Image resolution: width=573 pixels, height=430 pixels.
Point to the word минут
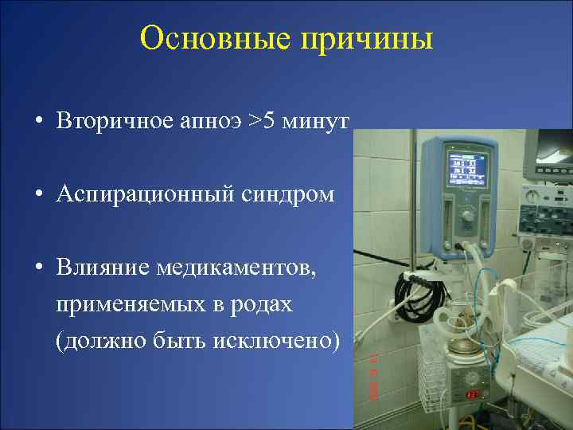click(318, 121)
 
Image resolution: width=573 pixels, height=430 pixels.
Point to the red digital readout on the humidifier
click(472, 394)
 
